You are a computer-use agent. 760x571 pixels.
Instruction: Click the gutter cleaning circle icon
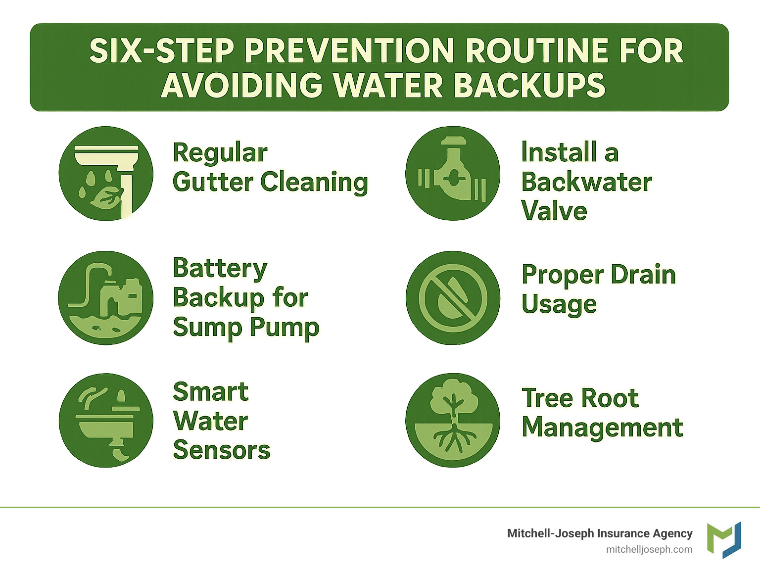(106, 174)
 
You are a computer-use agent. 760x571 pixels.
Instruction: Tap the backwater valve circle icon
(453, 174)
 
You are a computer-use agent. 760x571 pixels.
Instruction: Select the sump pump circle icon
(106, 298)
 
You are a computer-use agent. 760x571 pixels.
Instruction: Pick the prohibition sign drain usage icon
(453, 298)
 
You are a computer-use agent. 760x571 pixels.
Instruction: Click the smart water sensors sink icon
(106, 420)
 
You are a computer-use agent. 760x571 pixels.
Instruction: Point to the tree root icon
(453, 420)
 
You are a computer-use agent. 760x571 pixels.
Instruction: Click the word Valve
(554, 211)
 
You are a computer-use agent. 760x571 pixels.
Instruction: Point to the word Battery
(220, 269)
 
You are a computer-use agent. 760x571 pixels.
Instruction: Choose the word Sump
(208, 328)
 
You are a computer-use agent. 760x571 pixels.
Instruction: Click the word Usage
(559, 304)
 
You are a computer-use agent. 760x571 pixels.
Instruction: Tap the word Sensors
(222, 450)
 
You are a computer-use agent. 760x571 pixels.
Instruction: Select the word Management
(602, 427)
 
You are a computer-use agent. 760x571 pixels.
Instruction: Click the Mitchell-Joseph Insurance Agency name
(600, 533)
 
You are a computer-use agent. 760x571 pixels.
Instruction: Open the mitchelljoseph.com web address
(649, 549)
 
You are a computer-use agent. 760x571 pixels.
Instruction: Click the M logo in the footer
(724, 540)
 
